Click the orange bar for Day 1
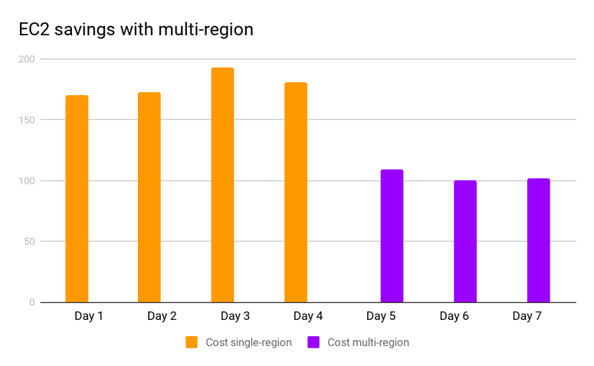(77, 199)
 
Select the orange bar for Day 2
(149, 198)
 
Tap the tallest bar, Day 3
(222, 186)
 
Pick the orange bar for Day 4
(296, 193)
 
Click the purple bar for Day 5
(392, 236)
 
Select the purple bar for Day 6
(465, 242)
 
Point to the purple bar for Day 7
(538, 241)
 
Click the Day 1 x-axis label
(89, 316)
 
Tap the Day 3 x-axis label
(235, 316)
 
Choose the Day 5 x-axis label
(381, 316)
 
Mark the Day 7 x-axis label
(527, 316)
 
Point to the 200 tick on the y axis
(27, 59)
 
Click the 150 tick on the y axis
(27, 120)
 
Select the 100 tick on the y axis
(27, 181)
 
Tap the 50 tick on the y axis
(29, 242)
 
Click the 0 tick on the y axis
(32, 302)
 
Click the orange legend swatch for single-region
(192, 342)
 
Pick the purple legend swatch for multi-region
(313, 342)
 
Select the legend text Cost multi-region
(368, 342)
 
